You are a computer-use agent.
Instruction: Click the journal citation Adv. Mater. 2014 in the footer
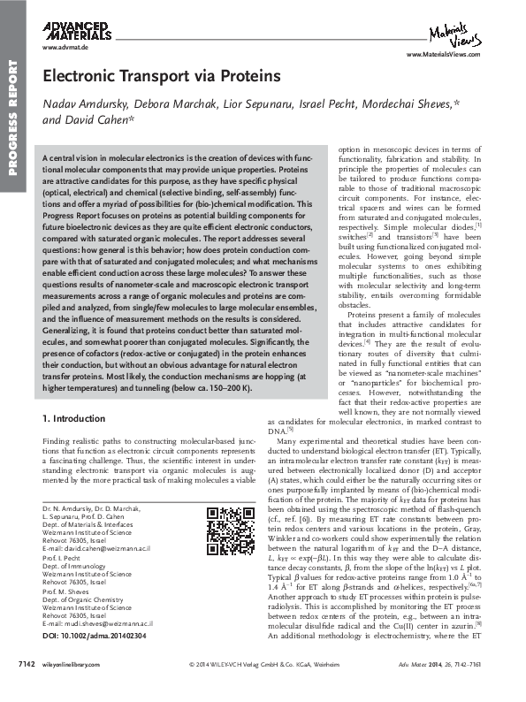(446, 686)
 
